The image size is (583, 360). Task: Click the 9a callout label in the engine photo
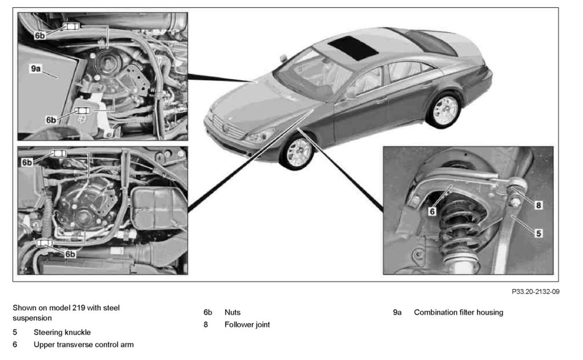point(36,69)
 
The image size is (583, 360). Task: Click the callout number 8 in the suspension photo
point(538,205)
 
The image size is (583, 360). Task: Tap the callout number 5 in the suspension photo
point(538,233)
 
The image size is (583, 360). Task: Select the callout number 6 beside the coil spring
point(432,211)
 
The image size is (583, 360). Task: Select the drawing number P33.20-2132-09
point(535,292)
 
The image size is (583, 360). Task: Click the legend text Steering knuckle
point(62,332)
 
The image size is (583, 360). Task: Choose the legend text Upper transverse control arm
point(83,344)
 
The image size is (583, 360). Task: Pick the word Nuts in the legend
point(232,312)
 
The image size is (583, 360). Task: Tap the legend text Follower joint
point(247,324)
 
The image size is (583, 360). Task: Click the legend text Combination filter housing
point(458,312)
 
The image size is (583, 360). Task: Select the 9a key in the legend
point(397,312)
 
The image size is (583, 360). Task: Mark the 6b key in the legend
point(208,312)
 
